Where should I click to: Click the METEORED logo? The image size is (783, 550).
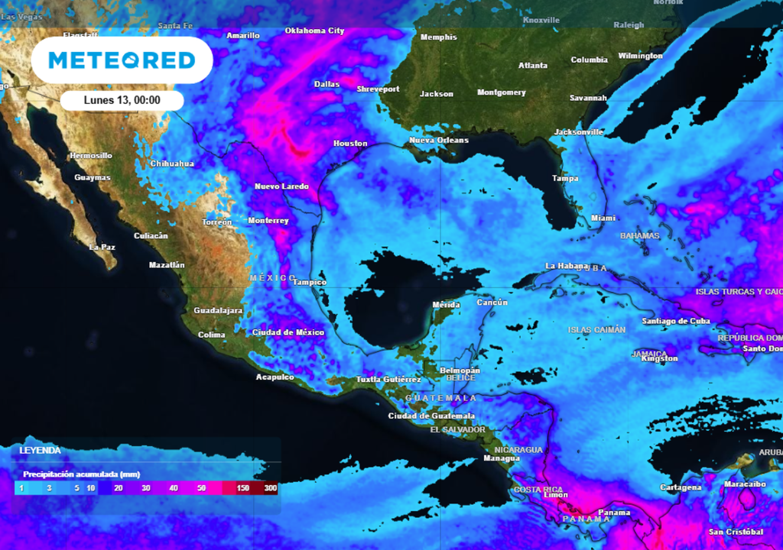[x=122, y=60]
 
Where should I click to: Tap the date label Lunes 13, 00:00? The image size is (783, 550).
[x=122, y=100]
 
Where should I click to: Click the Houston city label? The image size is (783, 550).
[x=350, y=144]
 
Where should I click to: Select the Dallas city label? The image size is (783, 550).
[x=327, y=84]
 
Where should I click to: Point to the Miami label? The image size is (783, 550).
[x=603, y=218]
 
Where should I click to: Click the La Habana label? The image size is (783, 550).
[x=567, y=266]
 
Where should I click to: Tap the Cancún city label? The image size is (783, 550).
[x=492, y=302]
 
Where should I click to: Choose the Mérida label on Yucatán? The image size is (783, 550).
[x=447, y=305]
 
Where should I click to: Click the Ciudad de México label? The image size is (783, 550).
[x=288, y=332]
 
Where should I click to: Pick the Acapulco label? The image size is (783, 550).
[x=275, y=377]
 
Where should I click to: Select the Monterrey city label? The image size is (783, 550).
[x=268, y=221]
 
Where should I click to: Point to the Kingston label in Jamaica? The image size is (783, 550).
[x=659, y=358]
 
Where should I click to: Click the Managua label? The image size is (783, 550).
[x=502, y=458]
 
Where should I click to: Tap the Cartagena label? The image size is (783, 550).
[x=681, y=487]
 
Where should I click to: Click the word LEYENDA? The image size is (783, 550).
[x=40, y=451]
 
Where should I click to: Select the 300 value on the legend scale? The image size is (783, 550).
[x=270, y=487]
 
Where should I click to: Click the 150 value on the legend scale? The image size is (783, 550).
[x=243, y=487]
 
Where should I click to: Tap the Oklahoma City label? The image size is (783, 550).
[x=314, y=31]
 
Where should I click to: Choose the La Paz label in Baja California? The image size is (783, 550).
[x=102, y=247]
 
